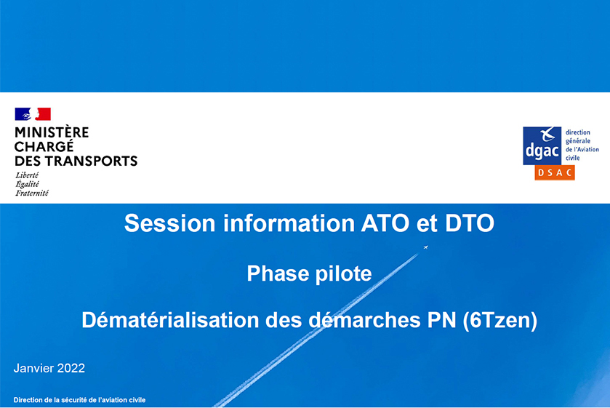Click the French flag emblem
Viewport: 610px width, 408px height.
(x=33, y=114)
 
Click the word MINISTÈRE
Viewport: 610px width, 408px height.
(x=52, y=133)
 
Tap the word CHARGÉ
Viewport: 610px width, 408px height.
(x=44, y=146)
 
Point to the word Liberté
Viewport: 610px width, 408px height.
(x=27, y=175)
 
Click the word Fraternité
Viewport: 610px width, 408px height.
(x=32, y=193)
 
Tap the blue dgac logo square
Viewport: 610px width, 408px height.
(x=542, y=145)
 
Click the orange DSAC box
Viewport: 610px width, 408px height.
(x=555, y=172)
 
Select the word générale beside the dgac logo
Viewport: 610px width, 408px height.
(x=578, y=141)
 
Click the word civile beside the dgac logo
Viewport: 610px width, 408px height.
(x=573, y=158)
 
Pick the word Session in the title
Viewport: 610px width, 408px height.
(x=170, y=223)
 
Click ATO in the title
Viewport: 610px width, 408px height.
(x=385, y=223)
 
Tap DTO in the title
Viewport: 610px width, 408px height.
(x=470, y=223)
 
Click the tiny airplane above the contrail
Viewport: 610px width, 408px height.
(x=425, y=247)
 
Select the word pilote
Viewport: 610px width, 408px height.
(x=343, y=273)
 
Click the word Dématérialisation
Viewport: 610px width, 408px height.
(x=170, y=320)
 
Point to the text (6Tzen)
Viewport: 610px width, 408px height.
(x=500, y=321)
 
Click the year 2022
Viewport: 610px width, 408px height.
(x=71, y=368)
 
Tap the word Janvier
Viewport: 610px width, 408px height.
(x=33, y=368)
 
